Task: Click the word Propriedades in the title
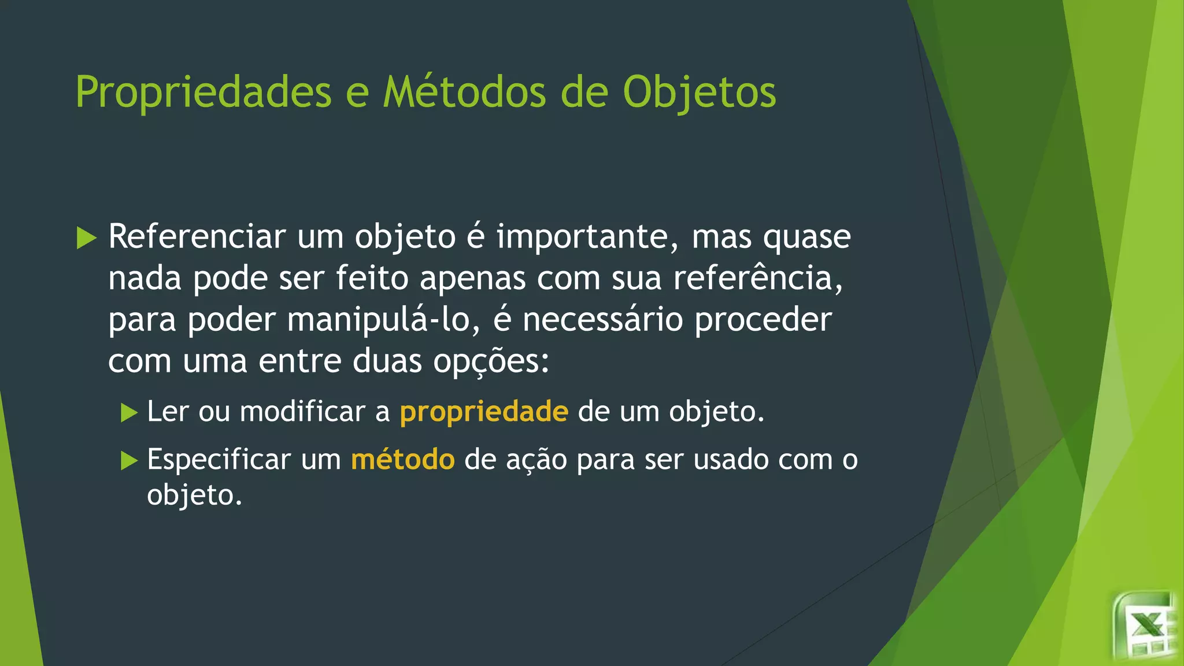coord(203,92)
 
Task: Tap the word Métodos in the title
coord(464,92)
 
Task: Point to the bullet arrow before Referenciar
coord(86,238)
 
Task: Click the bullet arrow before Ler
coord(129,413)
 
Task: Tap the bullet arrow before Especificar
coord(129,461)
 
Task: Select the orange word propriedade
coord(484,412)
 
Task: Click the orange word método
coord(402,460)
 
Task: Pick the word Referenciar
coord(197,236)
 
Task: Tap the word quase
coord(806,238)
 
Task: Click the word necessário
coord(602,320)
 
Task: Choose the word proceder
coord(763,320)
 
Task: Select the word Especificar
coord(219,460)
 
